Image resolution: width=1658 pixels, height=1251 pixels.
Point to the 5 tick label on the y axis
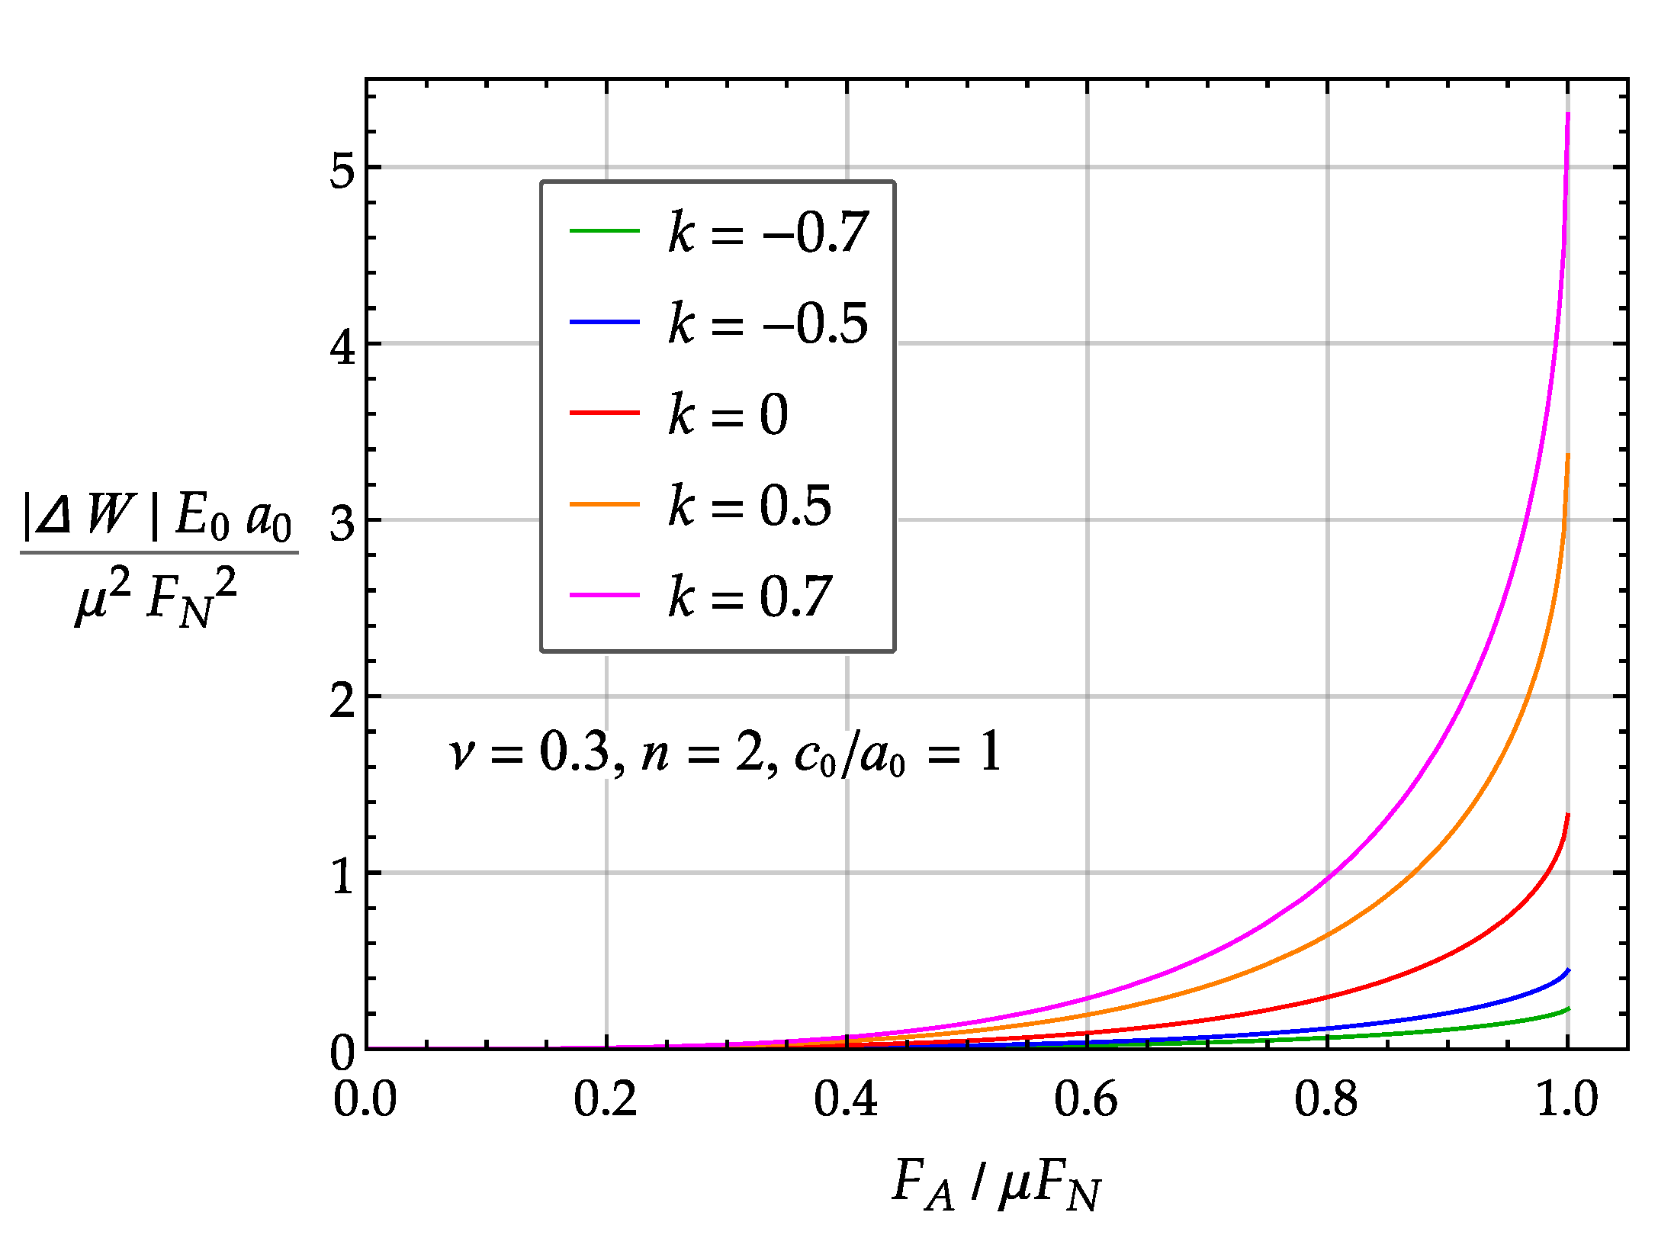coord(342,169)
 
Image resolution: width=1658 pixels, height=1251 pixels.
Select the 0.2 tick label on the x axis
coord(606,1099)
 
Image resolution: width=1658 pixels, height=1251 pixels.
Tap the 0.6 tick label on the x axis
coord(1086,1099)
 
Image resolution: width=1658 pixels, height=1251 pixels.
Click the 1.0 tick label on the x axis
coord(1566,1099)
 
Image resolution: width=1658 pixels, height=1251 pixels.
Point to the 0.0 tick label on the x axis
coord(365,1099)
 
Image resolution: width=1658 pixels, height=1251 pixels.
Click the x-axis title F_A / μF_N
coord(996,1185)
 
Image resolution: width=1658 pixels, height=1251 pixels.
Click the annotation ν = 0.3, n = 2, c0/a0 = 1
coord(725,752)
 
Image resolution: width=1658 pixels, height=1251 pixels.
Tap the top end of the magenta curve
coord(1568,114)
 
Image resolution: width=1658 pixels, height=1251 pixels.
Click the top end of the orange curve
coord(1568,455)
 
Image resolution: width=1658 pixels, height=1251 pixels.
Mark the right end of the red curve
coord(1568,815)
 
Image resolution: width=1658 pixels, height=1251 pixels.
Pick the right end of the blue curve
coord(1569,970)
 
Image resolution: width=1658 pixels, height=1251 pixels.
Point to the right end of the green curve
coord(1569,1008)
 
